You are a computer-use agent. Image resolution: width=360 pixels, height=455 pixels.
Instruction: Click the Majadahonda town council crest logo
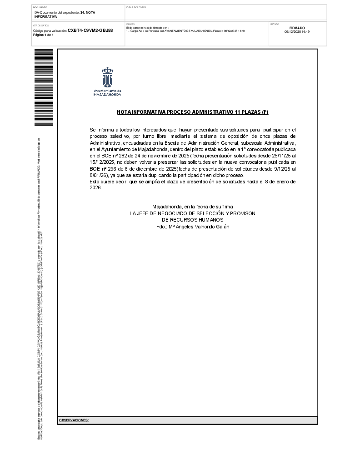click(107, 77)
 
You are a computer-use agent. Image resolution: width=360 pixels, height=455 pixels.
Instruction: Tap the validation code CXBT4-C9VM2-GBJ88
click(90, 30)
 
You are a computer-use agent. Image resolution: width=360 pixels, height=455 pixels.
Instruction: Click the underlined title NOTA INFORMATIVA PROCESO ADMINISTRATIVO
click(193, 111)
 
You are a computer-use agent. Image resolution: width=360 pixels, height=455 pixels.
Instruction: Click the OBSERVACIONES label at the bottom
click(74, 420)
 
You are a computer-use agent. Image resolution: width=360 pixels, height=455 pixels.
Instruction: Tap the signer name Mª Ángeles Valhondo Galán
click(193, 227)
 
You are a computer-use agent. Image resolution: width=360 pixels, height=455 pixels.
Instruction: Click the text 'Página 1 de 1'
click(43, 35)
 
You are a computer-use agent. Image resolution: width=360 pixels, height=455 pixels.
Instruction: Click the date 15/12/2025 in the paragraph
click(103, 162)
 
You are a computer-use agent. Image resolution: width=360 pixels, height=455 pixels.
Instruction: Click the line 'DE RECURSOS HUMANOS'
click(193, 220)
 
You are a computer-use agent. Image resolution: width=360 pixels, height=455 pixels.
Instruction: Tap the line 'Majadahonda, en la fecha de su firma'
click(193, 207)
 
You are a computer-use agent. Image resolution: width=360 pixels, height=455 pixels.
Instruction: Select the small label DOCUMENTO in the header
click(40, 7)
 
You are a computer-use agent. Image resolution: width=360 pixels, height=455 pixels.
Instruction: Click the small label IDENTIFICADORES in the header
click(136, 7)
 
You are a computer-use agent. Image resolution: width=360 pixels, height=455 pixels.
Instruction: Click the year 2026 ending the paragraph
click(95, 188)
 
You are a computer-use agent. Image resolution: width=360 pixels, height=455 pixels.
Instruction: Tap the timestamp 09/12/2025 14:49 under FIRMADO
click(297, 32)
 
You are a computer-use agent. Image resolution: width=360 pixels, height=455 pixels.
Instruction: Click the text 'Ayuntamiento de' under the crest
click(107, 91)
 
